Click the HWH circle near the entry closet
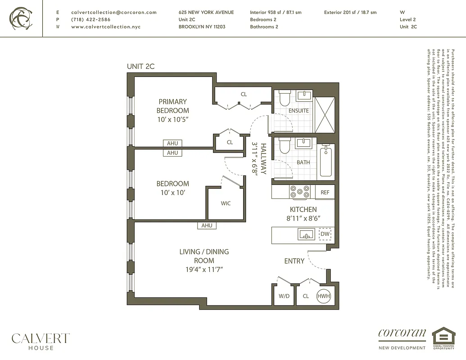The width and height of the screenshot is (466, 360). tap(324, 296)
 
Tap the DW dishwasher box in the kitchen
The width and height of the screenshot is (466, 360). tap(325, 234)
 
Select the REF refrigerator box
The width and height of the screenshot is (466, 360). tap(325, 192)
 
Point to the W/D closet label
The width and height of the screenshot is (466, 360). tap(284, 296)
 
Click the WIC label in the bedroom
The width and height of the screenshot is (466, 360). tap(226, 203)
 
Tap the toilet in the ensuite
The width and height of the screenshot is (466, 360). tap(284, 98)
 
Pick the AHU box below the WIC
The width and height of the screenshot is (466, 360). tap(207, 225)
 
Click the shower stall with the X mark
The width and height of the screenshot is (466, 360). tap(325, 112)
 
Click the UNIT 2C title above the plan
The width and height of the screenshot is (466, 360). tap(140, 66)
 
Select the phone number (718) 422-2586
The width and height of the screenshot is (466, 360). tap(90, 19)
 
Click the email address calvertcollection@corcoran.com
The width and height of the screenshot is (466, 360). tap(114, 12)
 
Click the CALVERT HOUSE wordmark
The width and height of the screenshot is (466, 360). tap(41, 341)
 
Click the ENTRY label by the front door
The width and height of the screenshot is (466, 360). tap(294, 261)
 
